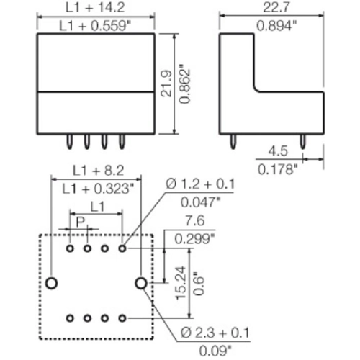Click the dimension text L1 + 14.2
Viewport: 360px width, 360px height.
click(95, 7)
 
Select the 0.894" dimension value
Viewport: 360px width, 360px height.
click(276, 26)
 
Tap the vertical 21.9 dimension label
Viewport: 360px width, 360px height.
click(166, 84)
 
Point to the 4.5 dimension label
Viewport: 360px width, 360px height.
click(278, 151)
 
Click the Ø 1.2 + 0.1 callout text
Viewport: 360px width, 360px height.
click(200, 184)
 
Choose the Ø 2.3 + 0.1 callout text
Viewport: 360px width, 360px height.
click(215, 333)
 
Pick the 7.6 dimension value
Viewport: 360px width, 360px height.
click(195, 220)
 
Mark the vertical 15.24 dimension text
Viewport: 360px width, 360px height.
click(181, 283)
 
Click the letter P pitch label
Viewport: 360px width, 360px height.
click(81, 222)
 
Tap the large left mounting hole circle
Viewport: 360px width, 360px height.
click(51, 283)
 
